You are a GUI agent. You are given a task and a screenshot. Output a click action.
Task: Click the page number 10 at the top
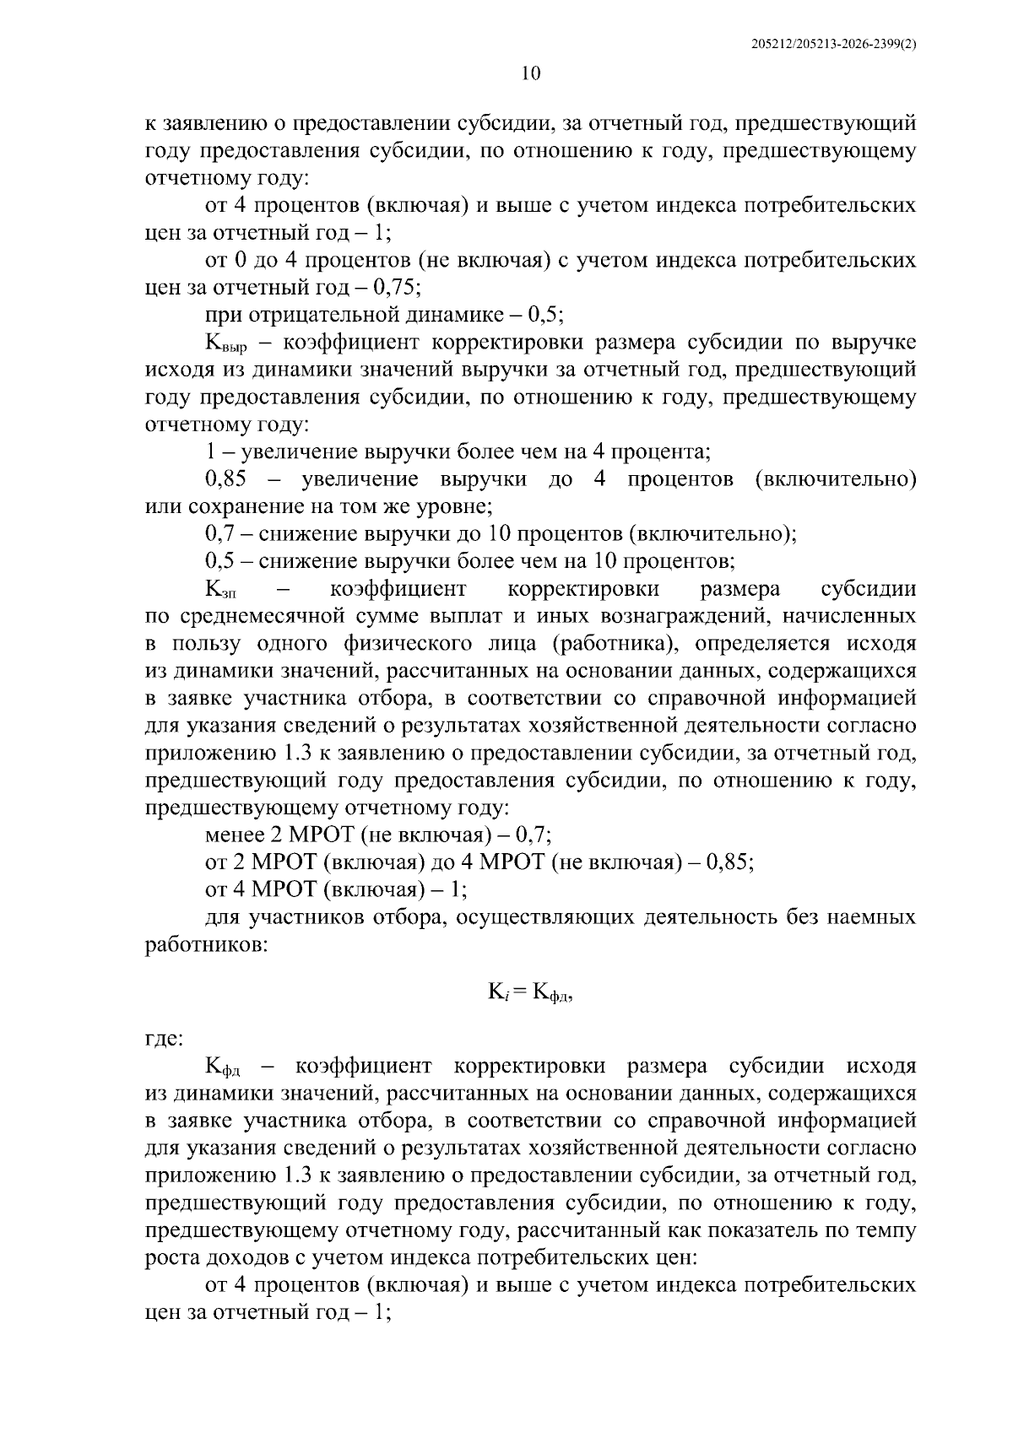531,73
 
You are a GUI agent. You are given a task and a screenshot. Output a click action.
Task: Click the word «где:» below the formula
164,1039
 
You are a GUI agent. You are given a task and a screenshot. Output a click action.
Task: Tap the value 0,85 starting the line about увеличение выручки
225,479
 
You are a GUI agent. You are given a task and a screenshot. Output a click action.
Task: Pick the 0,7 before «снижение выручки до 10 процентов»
219,534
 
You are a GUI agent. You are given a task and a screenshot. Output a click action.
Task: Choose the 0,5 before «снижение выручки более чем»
219,561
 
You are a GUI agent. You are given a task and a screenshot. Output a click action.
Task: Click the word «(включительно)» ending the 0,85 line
835,479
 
